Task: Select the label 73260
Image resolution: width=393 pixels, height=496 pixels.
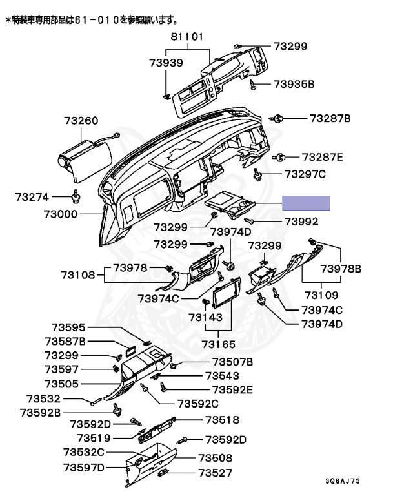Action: [81, 121]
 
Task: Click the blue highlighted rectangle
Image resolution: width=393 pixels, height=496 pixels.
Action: [307, 203]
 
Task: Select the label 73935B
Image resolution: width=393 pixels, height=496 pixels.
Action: [294, 84]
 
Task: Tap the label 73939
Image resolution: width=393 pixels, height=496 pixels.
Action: [166, 63]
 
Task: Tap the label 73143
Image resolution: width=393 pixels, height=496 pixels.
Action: [205, 317]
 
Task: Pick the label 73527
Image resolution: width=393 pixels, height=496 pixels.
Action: [215, 473]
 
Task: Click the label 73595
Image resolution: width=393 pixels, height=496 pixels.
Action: [68, 327]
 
